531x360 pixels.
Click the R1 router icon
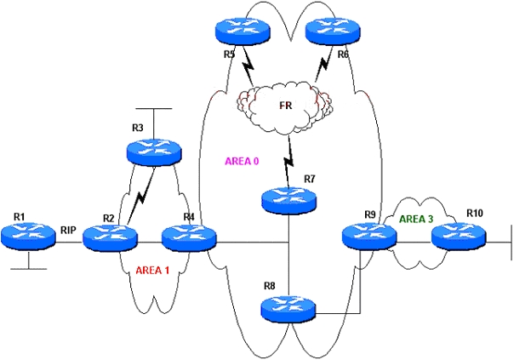pos(28,236)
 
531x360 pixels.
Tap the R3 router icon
pos(154,152)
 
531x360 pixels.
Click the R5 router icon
pos(243,31)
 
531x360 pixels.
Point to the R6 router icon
pos(333,31)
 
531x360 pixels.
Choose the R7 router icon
pos(289,201)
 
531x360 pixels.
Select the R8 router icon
pos(288,309)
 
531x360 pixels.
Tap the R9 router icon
pos(369,236)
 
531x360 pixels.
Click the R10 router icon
pos(459,236)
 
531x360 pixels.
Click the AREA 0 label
pos(242,161)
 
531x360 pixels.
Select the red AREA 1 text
pos(152,271)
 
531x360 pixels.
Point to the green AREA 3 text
pos(416,219)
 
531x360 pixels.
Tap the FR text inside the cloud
pos(285,106)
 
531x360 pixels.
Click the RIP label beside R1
pos(68,231)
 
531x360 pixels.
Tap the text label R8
pos(269,286)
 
